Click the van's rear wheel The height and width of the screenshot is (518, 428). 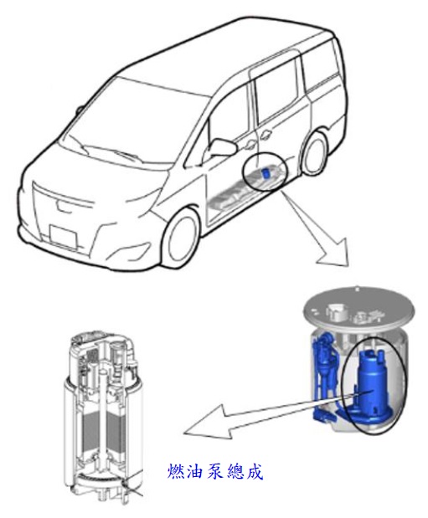[x=314, y=153]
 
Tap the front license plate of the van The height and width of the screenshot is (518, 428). [x=63, y=236]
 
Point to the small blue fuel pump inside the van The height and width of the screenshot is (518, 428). [x=266, y=172]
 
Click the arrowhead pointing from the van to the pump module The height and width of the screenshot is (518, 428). [x=333, y=252]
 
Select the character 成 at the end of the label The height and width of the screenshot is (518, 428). [x=254, y=471]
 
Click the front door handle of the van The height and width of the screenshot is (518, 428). [x=250, y=145]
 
